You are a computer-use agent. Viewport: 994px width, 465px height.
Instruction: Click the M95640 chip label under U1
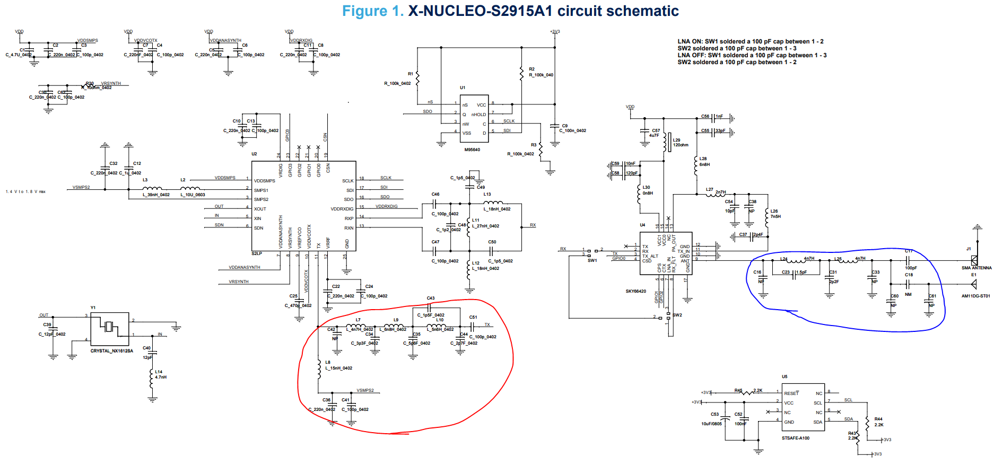(472, 150)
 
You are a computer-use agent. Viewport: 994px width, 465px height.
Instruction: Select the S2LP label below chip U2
(257, 253)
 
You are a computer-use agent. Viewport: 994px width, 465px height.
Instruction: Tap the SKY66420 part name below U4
(636, 291)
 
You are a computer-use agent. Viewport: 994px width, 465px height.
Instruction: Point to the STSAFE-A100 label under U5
(796, 438)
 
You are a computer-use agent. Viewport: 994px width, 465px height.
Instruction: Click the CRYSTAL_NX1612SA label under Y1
(111, 351)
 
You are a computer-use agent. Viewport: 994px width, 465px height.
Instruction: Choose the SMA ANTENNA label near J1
(976, 268)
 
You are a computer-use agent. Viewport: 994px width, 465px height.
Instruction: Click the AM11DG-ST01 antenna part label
(975, 296)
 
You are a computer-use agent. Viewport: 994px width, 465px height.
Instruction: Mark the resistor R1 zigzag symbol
(418, 78)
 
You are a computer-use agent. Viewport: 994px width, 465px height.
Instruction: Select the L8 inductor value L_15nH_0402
(339, 368)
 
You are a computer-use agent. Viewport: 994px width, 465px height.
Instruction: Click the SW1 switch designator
(592, 260)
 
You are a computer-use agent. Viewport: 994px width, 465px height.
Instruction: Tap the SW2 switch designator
(677, 315)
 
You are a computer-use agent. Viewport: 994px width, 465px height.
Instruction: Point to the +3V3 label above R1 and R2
(555, 32)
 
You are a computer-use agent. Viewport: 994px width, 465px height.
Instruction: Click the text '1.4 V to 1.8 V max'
(25, 192)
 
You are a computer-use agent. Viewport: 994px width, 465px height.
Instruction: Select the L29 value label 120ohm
(681, 145)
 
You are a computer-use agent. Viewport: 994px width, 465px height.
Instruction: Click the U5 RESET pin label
(791, 393)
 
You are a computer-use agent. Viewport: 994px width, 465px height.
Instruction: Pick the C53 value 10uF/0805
(711, 424)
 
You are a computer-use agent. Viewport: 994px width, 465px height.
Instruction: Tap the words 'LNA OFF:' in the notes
(690, 55)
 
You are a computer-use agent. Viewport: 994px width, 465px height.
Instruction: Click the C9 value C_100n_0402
(573, 130)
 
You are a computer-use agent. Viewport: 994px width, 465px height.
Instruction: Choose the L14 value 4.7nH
(161, 377)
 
